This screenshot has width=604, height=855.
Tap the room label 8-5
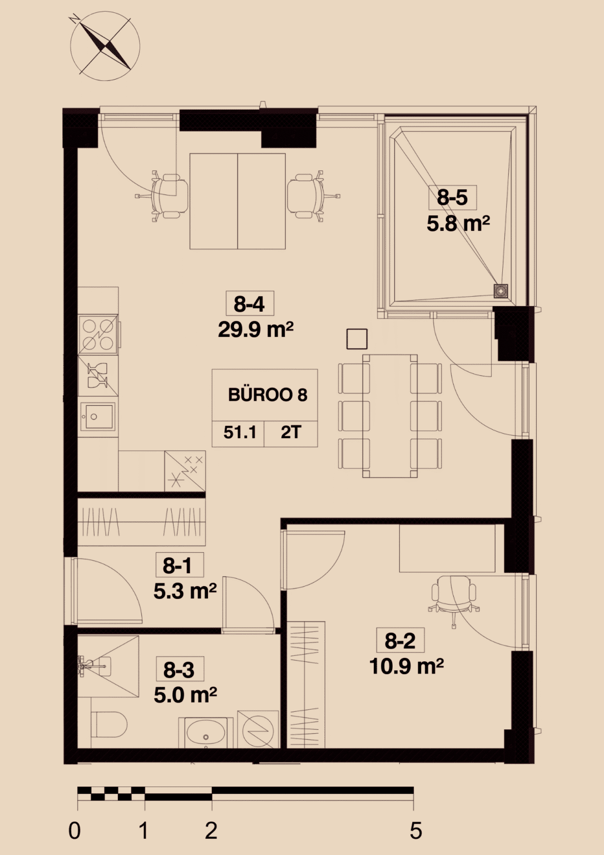coord(452,198)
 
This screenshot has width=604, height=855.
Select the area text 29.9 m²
coord(255,330)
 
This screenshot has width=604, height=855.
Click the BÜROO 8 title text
coord(268,395)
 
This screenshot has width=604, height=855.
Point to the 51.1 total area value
coord(240,433)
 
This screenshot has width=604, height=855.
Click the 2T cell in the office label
coord(291,433)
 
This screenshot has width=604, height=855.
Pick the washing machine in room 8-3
coord(258,729)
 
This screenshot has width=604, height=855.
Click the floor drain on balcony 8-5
coord(501,291)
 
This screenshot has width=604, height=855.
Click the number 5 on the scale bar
coord(416,831)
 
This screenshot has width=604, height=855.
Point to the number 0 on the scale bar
coord(75,831)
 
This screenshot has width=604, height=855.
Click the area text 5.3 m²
coord(185,591)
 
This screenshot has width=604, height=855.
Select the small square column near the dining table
coord(357,339)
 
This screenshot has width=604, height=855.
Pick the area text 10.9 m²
coord(407,666)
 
